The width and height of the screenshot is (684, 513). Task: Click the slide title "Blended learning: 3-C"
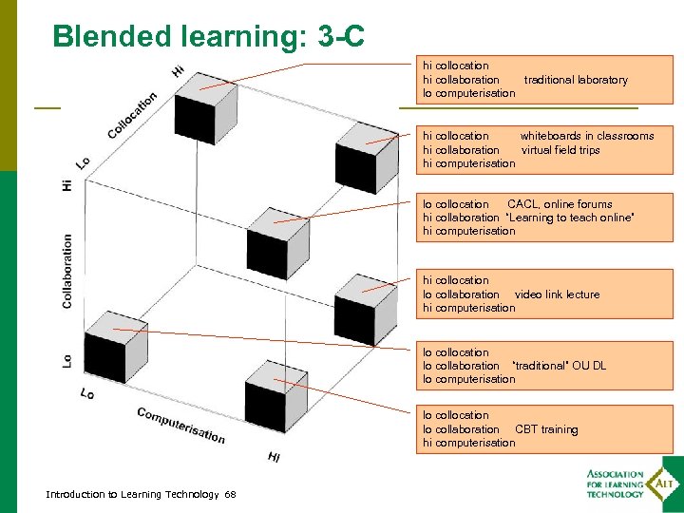209,36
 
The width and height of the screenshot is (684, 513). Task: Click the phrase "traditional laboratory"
576,80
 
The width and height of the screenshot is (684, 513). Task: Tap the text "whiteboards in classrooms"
587,136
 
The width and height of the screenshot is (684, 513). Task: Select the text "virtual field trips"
560,150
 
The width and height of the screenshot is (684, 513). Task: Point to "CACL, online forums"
560,204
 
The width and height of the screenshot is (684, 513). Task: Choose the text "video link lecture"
557,294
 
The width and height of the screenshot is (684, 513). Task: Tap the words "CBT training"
546,429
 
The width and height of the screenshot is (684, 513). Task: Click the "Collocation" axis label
132,114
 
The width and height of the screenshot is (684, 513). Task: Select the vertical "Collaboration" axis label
67,271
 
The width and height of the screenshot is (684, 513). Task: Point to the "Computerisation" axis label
180,425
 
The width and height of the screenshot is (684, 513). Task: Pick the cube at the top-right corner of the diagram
366,150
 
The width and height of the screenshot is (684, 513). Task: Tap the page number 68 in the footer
231,494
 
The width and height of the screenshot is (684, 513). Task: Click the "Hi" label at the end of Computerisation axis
274,458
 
